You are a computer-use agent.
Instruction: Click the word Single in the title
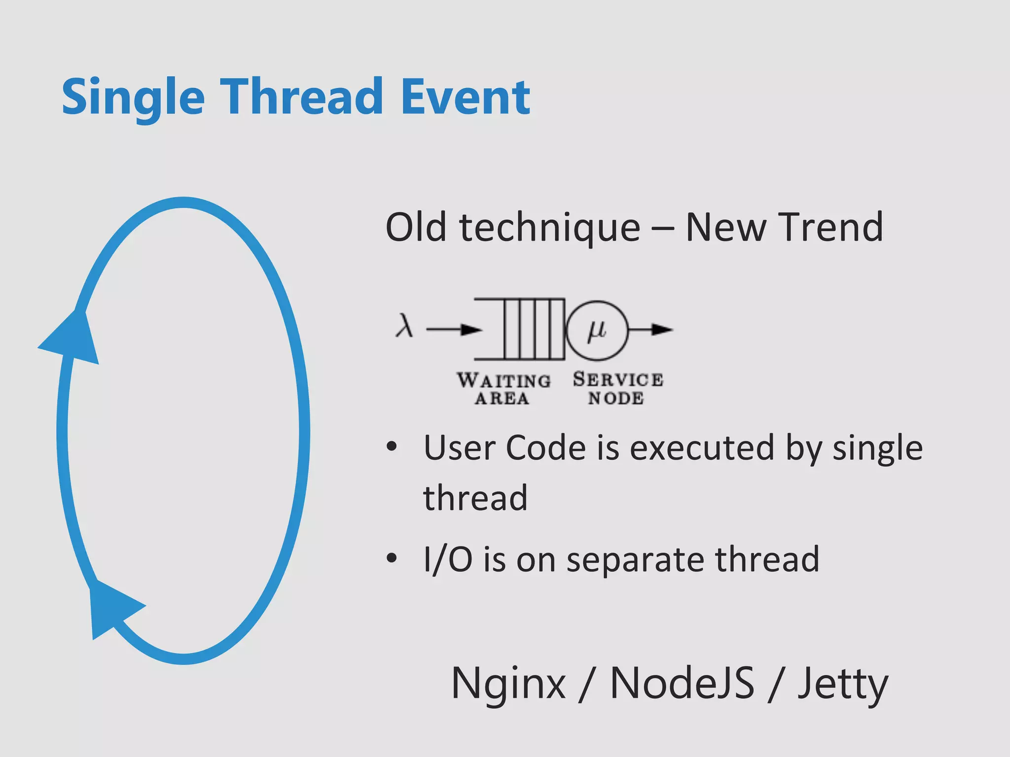pyautogui.click(x=133, y=99)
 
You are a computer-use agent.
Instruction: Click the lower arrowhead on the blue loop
pyautogui.click(x=111, y=608)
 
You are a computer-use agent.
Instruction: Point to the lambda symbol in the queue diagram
pyautogui.click(x=404, y=326)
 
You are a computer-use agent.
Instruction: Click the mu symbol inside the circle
pyautogui.click(x=597, y=329)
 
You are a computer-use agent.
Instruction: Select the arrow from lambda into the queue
pyautogui.click(x=454, y=329)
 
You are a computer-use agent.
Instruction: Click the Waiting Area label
pyautogui.click(x=503, y=388)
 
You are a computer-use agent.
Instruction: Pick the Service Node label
pyautogui.click(x=617, y=388)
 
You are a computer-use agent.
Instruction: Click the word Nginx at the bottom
pyautogui.click(x=508, y=684)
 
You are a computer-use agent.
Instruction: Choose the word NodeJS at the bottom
pyautogui.click(x=682, y=683)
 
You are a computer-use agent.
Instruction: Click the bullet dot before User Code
pyautogui.click(x=392, y=447)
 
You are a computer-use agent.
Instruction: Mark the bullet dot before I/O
pyautogui.click(x=392, y=558)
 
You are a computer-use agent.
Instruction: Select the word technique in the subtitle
pyautogui.click(x=549, y=228)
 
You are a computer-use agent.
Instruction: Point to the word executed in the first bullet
pyautogui.click(x=702, y=448)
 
